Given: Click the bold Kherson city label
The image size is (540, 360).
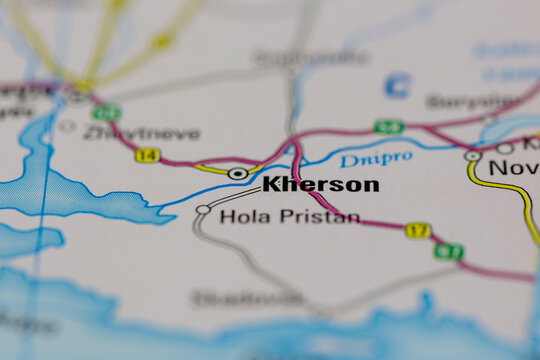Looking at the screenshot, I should (320, 184).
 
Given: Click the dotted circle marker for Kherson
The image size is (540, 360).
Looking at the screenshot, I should (237, 174).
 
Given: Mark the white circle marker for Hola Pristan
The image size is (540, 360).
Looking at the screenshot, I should (203, 210).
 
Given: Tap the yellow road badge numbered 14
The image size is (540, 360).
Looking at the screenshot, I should (147, 155).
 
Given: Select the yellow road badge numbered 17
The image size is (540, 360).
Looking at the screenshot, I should (417, 230).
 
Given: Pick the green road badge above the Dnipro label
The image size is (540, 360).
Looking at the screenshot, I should (389, 127).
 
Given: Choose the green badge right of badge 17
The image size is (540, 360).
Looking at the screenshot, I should (449, 251).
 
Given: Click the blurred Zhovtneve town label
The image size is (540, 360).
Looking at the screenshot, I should (141, 133).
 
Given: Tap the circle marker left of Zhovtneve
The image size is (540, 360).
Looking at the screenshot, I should (67, 127).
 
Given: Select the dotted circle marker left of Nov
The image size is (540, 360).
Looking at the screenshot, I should (472, 156).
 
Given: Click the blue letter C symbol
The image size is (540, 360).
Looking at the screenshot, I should (397, 85).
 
